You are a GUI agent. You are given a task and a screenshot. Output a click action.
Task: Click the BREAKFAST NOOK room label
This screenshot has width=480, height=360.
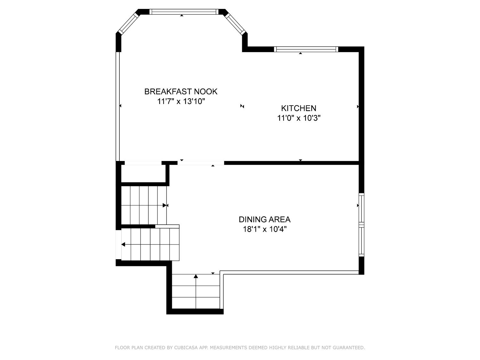181,92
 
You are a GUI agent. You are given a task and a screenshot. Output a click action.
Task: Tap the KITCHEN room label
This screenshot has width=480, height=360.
299,108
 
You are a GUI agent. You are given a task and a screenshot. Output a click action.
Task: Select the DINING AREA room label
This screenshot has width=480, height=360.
265,219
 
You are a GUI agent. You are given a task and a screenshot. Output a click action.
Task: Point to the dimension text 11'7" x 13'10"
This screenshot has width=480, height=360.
181,101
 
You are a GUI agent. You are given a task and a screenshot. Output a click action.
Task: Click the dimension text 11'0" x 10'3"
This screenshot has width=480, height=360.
299,118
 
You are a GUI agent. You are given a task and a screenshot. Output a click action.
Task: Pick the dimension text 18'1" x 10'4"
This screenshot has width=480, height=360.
265,229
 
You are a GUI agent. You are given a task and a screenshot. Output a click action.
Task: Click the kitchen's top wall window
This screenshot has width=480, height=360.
306,49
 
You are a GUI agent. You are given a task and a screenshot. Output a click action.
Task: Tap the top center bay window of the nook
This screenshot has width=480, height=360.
184,12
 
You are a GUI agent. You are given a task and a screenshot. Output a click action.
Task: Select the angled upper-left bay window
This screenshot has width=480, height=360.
128,23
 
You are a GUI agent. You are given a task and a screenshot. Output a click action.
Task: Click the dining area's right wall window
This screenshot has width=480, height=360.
362,225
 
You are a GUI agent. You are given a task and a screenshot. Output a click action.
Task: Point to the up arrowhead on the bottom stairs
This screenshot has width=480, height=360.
196,276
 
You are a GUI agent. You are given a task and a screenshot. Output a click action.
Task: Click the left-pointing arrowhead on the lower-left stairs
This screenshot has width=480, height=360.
123,244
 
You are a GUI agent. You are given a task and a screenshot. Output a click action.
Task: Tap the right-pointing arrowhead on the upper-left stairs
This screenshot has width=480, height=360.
164,205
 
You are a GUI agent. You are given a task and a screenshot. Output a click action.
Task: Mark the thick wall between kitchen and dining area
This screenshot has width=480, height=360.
292,163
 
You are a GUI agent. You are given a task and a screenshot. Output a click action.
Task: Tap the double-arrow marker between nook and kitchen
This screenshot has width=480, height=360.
242,106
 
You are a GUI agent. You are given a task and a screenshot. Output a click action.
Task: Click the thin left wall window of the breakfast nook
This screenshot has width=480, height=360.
118,107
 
